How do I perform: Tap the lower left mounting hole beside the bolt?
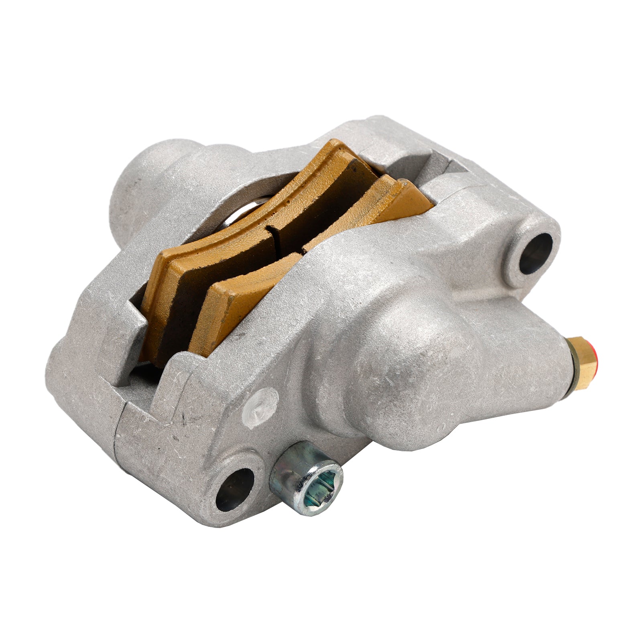(234, 488)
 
